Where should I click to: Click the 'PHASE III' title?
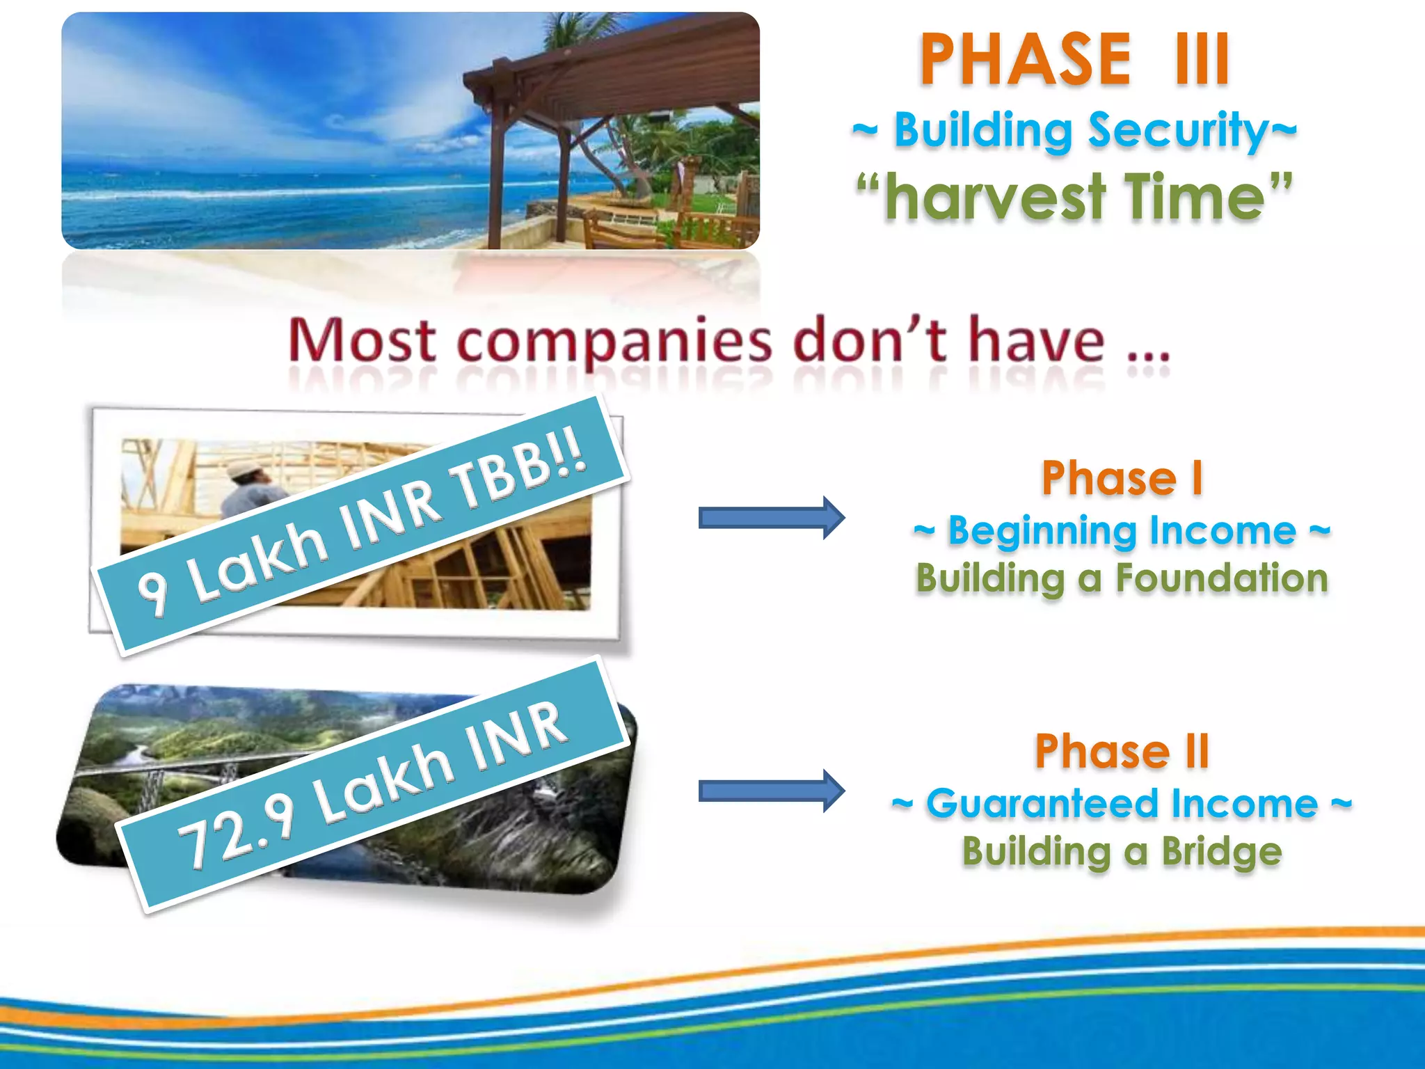[1075, 61]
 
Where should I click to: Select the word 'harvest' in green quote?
[995, 198]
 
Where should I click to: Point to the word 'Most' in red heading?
[362, 341]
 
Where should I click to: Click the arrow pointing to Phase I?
[771, 518]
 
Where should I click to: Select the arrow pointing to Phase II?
[771, 791]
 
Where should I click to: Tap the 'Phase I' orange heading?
[1122, 479]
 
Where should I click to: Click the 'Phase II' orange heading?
[1122, 752]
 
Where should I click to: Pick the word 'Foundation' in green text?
[1222, 579]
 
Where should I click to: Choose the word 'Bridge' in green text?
[1221, 852]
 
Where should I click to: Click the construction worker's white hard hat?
[242, 468]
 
